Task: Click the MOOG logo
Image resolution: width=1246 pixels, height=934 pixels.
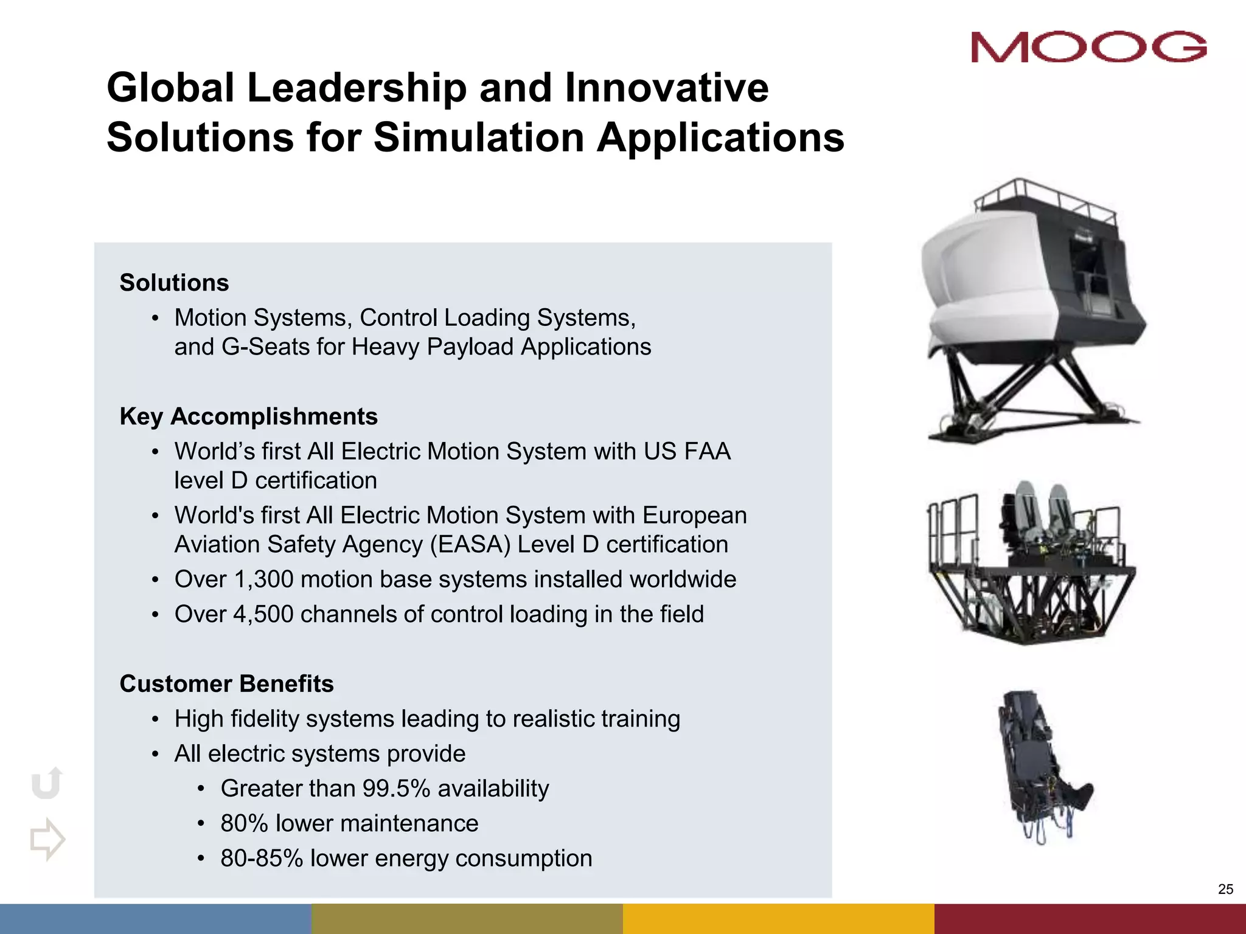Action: (1088, 47)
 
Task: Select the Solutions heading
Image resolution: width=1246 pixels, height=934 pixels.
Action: (174, 283)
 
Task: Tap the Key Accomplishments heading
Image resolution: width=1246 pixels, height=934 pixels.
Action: (248, 417)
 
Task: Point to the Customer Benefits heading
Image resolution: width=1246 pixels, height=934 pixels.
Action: (226, 684)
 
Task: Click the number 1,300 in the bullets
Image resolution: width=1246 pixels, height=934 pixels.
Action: (263, 579)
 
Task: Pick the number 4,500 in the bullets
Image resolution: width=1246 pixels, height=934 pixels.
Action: (263, 614)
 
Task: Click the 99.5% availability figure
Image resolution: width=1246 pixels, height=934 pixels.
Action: (396, 789)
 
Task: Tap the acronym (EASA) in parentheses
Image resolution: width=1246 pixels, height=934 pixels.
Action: (470, 545)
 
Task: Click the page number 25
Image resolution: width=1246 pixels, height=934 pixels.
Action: (1225, 890)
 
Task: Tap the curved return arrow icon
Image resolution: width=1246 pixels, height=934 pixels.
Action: (47, 783)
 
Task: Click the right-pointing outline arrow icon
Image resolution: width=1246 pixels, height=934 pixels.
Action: (47, 839)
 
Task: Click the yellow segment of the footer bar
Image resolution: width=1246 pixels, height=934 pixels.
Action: (778, 918)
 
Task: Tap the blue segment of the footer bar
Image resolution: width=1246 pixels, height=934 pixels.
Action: (155, 918)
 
